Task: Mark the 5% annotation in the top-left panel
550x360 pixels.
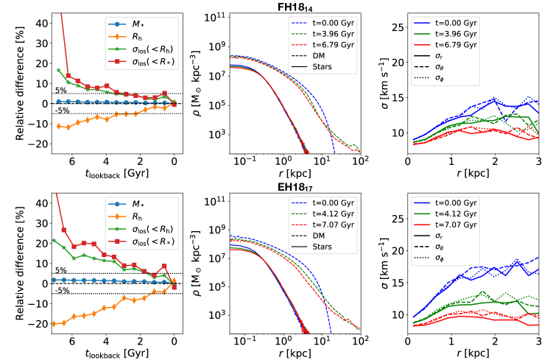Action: (x=61, y=91)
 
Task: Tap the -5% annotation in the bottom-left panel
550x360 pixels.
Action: (x=61, y=291)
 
